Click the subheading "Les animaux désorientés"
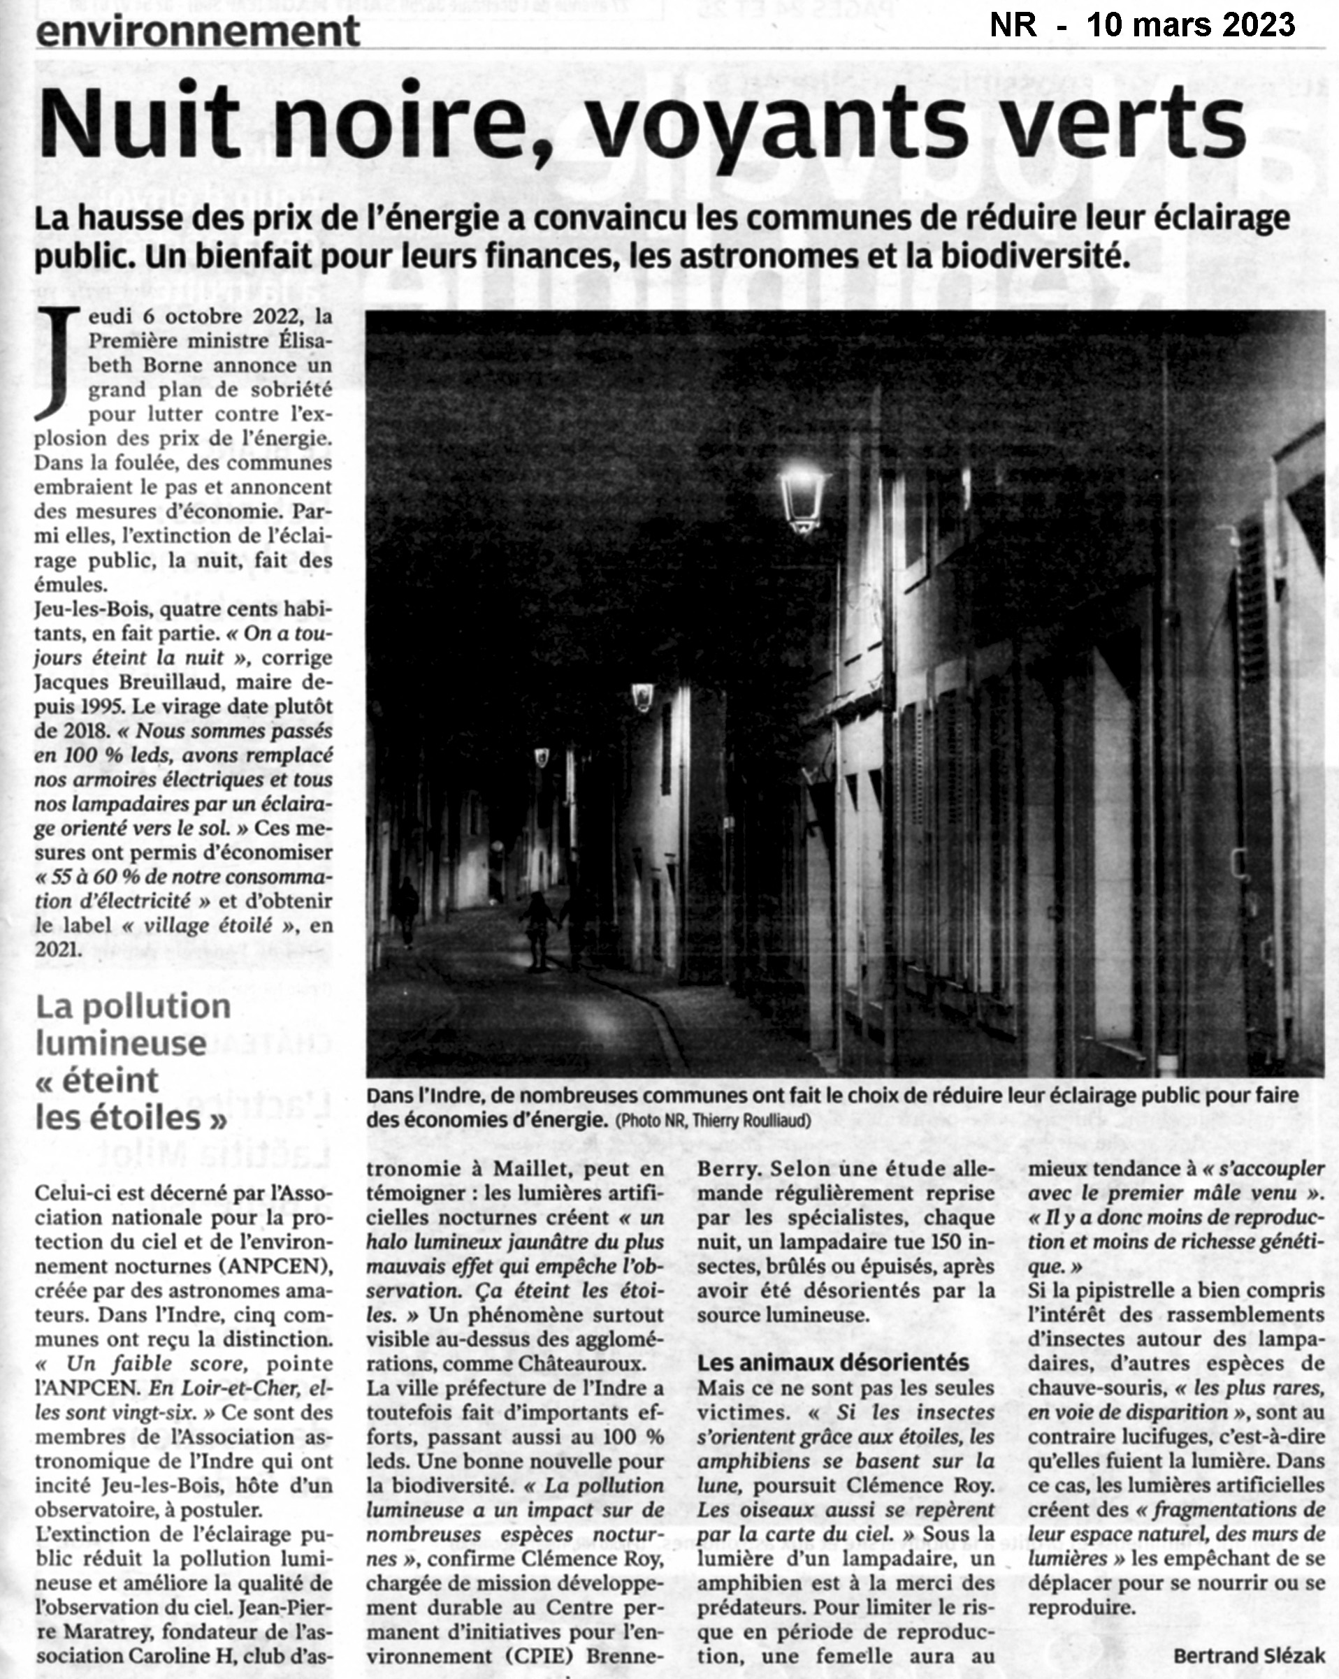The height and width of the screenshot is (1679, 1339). (833, 1362)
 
